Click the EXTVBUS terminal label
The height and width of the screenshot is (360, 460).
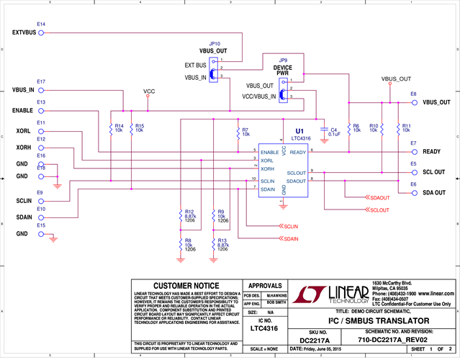(x=24, y=32)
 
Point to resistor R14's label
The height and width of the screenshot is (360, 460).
(x=119, y=129)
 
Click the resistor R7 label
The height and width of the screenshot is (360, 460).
(x=245, y=132)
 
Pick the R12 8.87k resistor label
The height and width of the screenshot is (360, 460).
(x=190, y=215)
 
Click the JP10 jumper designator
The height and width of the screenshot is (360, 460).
(x=214, y=44)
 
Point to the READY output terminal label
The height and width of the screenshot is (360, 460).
(x=432, y=152)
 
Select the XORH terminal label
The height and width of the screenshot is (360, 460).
(x=22, y=148)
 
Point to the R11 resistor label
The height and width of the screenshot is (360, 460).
(x=406, y=129)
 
